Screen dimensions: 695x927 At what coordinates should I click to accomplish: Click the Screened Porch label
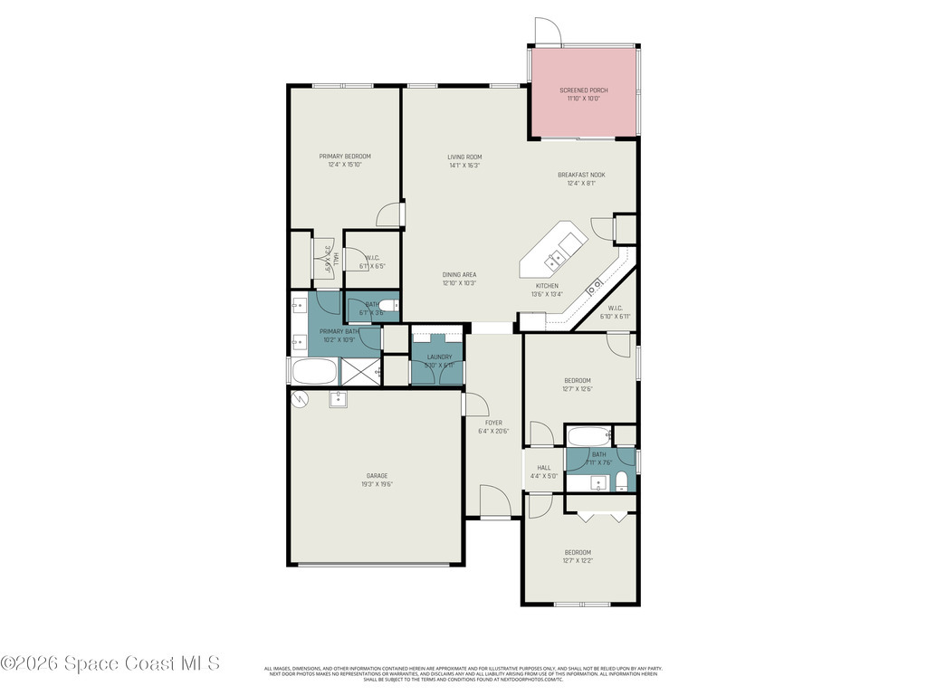(583, 90)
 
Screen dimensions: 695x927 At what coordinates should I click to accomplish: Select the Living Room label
(464, 157)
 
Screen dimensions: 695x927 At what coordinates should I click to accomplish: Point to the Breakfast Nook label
(581, 175)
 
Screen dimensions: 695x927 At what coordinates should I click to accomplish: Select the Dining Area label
(459, 274)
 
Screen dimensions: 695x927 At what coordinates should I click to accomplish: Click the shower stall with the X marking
(361, 372)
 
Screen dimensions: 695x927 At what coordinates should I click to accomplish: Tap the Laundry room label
(439, 357)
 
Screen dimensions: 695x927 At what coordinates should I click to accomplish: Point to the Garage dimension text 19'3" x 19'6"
(377, 484)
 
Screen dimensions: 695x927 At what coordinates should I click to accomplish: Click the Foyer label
(493, 423)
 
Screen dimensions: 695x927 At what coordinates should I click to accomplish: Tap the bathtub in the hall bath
(589, 436)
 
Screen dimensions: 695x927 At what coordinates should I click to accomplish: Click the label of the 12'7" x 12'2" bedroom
(578, 552)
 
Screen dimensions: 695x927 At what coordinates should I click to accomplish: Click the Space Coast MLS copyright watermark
(110, 663)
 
